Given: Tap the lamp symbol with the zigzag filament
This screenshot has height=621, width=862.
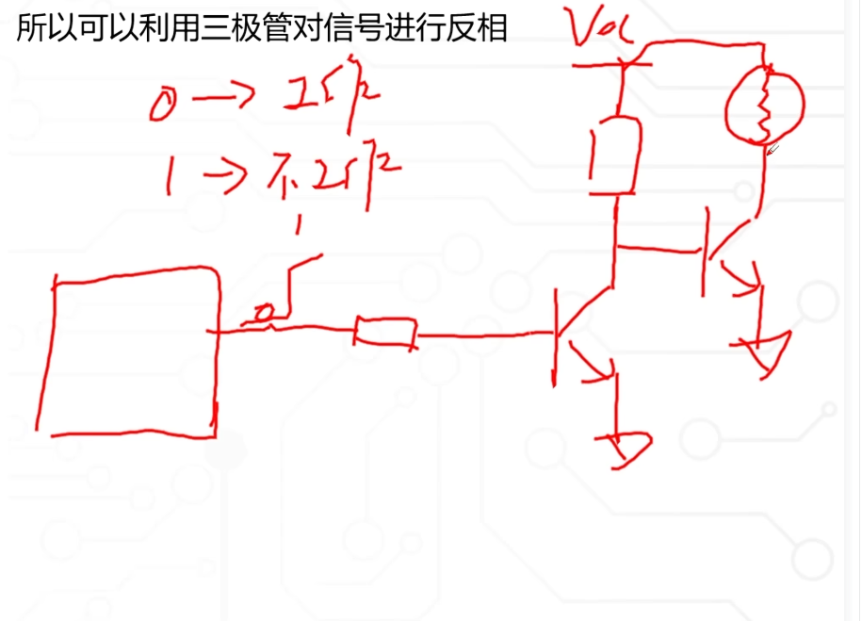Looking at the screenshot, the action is pyautogui.click(x=764, y=104).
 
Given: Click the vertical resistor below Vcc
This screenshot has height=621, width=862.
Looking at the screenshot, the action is pyautogui.click(x=615, y=155).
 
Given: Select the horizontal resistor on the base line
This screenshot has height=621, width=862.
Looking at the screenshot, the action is pyautogui.click(x=385, y=333).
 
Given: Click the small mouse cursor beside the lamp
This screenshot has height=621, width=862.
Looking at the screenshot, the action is pyautogui.click(x=773, y=148).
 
